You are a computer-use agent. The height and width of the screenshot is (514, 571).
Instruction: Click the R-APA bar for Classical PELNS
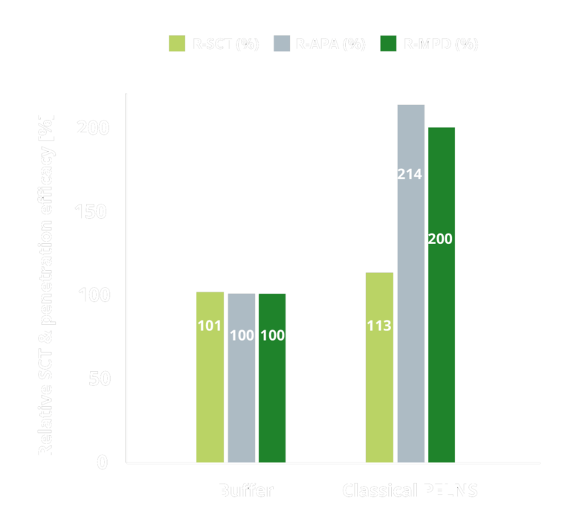click(x=410, y=283)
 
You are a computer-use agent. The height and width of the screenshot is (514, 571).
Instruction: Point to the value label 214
click(x=410, y=175)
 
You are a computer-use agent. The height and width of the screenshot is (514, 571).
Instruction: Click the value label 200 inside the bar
click(x=440, y=240)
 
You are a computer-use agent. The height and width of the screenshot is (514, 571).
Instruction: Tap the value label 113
click(x=379, y=326)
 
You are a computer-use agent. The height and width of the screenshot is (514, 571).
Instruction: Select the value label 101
click(x=210, y=326)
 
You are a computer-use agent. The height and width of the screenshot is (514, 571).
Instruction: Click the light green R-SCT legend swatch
click(x=177, y=44)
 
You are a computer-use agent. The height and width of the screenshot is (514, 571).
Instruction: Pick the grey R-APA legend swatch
click(x=283, y=44)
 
